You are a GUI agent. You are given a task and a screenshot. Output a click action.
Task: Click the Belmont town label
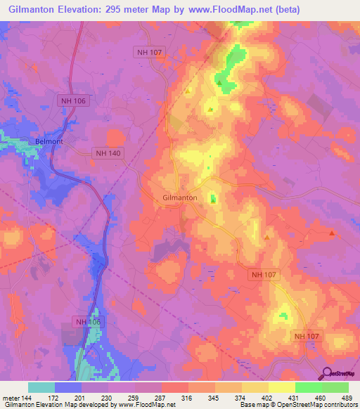[49, 141]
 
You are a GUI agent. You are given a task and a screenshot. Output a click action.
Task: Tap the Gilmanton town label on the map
[179, 198]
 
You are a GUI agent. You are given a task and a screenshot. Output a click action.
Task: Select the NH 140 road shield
[108, 152]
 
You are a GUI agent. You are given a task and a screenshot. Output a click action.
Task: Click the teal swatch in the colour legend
[41, 387]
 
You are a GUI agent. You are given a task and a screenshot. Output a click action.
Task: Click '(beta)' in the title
[285, 10]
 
